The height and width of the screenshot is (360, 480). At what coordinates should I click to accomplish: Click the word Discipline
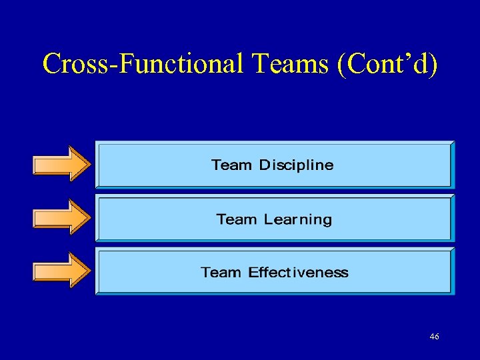click(x=296, y=165)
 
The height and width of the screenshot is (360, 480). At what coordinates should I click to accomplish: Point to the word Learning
click(x=297, y=219)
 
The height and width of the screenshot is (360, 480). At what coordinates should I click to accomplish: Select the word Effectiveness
click(x=298, y=272)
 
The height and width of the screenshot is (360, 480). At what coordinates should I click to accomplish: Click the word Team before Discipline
click(x=232, y=165)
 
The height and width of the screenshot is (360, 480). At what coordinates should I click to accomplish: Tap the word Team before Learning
click(x=237, y=219)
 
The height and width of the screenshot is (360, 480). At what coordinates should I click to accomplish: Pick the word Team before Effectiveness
click(x=221, y=272)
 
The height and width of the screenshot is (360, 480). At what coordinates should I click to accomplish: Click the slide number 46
click(x=434, y=337)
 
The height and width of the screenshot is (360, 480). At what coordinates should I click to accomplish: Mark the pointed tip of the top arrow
click(x=89, y=163)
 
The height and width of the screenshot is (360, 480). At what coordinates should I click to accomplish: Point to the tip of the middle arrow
click(x=89, y=217)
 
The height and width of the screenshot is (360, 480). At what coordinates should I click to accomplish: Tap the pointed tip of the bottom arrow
click(x=89, y=269)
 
